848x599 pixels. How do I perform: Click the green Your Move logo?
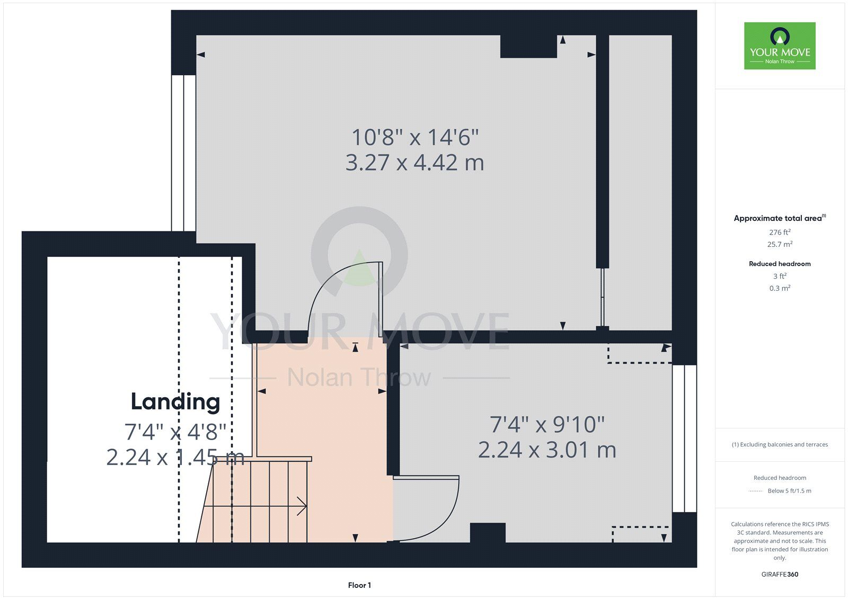[x=780, y=46]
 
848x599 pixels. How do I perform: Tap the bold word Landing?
[x=175, y=402]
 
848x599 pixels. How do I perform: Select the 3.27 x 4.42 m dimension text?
[x=414, y=163]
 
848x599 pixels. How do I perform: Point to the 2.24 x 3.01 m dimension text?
[x=547, y=450]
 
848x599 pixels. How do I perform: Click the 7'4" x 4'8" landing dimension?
[x=175, y=432]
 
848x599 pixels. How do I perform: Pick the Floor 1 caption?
[x=359, y=585]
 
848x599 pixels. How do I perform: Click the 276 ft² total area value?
[x=780, y=233]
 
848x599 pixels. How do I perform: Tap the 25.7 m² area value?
[x=780, y=244]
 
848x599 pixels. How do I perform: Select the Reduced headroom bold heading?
[x=780, y=264]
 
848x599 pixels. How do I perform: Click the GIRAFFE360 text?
[x=780, y=574]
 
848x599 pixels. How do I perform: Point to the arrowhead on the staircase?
[x=302, y=506]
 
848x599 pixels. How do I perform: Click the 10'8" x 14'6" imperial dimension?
[x=415, y=137]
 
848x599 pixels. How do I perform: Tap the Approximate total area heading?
[x=780, y=218]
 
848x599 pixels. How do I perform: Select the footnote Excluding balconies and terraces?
[x=780, y=444]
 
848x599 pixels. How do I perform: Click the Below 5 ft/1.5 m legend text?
[x=789, y=491]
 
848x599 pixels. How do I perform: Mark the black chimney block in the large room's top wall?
[x=528, y=46]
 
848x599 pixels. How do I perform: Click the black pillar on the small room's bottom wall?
[x=488, y=533]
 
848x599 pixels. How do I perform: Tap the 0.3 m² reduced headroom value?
[x=780, y=288]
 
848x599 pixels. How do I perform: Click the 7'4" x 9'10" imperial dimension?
[x=547, y=425]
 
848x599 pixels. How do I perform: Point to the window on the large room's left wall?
[x=183, y=153]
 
